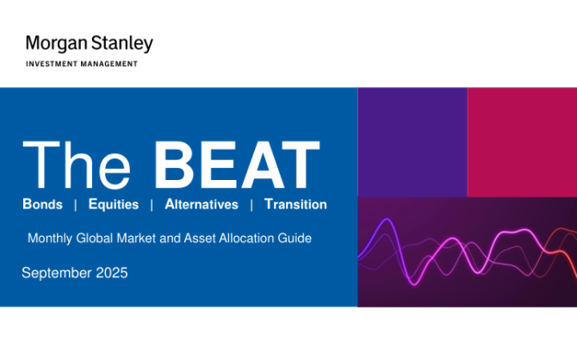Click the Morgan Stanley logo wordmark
90,43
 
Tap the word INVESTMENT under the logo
52,64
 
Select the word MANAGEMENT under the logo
109,64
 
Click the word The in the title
77,164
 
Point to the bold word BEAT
237,164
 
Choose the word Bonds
43,204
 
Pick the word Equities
114,205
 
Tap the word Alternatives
202,204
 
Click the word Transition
295,204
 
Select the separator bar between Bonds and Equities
76,205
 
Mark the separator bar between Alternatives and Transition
251,205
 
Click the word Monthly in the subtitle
50,239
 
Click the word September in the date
57,274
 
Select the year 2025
111,273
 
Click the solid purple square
413,142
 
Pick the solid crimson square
522,142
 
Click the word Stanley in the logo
121,44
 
